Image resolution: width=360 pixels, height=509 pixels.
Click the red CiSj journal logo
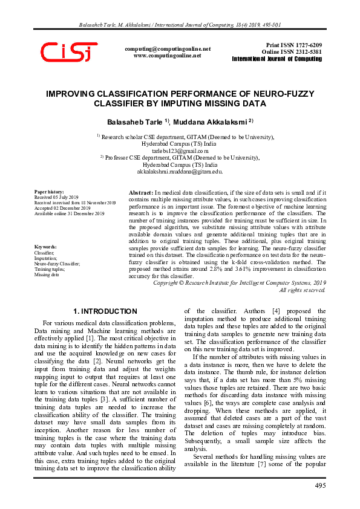click(x=68, y=52)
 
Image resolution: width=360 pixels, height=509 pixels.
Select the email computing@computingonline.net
click(x=167, y=48)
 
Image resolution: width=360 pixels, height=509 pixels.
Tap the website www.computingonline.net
click(x=167, y=55)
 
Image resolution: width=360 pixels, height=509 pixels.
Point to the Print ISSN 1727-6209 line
click(x=294, y=45)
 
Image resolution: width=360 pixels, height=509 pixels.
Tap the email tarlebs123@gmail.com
click(x=180, y=151)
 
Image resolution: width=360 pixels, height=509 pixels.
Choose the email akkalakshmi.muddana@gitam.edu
click(x=180, y=172)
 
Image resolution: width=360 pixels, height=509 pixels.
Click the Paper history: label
click(x=47, y=192)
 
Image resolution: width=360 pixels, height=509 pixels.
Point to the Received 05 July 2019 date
click(x=56, y=197)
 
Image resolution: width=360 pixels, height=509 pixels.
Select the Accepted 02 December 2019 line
click(x=61, y=208)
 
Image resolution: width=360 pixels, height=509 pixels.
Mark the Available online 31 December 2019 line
click(x=69, y=213)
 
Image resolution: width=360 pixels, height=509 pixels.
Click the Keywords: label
click(x=45, y=247)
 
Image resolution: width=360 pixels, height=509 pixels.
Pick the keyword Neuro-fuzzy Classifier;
click(x=57, y=264)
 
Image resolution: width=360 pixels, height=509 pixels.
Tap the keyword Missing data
click(x=46, y=274)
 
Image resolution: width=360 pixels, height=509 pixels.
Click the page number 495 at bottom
click(x=320, y=487)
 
